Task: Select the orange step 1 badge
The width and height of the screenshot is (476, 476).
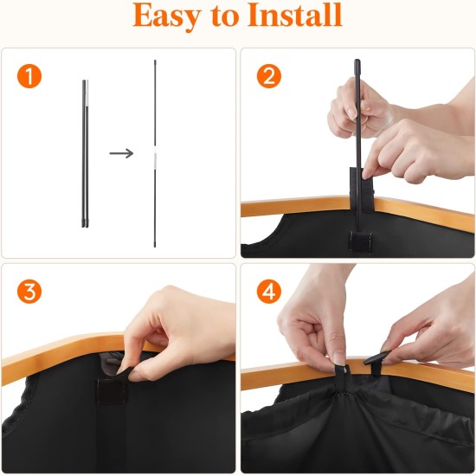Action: pos(30,76)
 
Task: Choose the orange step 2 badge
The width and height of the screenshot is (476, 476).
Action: pos(269,76)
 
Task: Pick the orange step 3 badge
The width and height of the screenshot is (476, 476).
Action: pos(30,292)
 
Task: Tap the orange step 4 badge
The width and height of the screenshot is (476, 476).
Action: pos(269,292)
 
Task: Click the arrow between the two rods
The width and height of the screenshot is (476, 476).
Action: pos(121,153)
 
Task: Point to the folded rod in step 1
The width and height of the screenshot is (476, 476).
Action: pos(85,153)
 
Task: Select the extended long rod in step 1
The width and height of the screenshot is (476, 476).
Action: pos(156,104)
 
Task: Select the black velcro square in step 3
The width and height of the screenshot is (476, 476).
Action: pos(113,389)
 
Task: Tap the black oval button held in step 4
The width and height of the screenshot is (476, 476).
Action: pos(378,356)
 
